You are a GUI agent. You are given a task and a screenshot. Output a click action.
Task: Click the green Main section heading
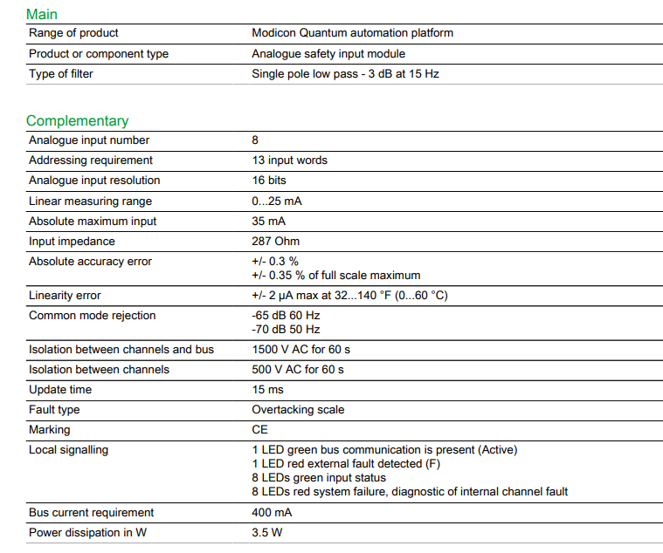[x=42, y=14]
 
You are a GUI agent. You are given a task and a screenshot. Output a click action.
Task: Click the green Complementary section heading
[x=77, y=120]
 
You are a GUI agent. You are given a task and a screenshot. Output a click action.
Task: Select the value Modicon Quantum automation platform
[x=352, y=33]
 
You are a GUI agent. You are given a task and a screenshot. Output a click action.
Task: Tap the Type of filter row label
[x=61, y=74]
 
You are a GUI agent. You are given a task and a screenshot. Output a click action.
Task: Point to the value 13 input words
[x=289, y=160]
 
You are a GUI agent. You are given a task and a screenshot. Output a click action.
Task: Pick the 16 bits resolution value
[x=269, y=181]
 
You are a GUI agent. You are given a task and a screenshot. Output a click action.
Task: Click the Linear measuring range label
[x=91, y=201]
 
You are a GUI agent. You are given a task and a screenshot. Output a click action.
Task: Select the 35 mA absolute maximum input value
[x=269, y=222]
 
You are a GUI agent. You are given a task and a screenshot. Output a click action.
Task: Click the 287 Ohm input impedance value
[x=275, y=242]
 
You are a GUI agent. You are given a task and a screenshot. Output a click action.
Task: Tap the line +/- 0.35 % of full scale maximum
[x=336, y=276]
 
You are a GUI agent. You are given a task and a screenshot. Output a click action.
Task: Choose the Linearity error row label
[x=65, y=296]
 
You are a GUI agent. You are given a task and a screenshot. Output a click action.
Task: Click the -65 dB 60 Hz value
[x=286, y=316]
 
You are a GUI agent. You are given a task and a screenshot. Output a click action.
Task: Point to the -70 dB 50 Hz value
[x=286, y=330]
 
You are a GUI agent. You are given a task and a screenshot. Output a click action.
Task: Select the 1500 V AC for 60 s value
[x=301, y=350]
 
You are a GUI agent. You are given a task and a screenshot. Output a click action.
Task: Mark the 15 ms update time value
[x=267, y=390]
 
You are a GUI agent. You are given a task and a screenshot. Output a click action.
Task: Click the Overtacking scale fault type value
[x=298, y=410]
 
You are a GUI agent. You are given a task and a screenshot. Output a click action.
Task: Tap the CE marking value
[x=260, y=430]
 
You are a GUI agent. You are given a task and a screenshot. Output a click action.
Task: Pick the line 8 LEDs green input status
[x=319, y=478]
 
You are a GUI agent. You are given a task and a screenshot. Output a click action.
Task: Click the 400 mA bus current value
[x=272, y=513]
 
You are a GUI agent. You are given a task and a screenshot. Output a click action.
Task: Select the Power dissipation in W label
[x=87, y=533]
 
